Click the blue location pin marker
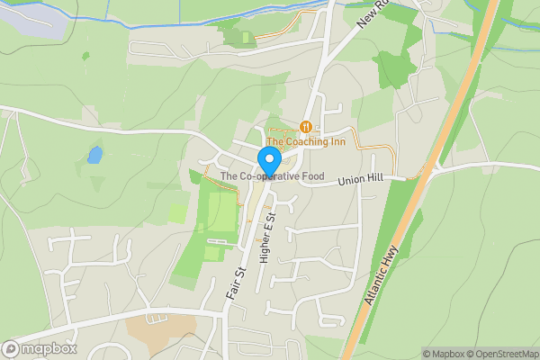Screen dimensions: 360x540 (x=269, y=162)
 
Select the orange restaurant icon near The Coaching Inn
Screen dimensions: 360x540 (x=306, y=127)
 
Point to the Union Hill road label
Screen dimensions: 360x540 (x=360, y=180)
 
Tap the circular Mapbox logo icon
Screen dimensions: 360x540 (x=11, y=349)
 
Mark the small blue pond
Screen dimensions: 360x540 (x=94, y=155)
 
